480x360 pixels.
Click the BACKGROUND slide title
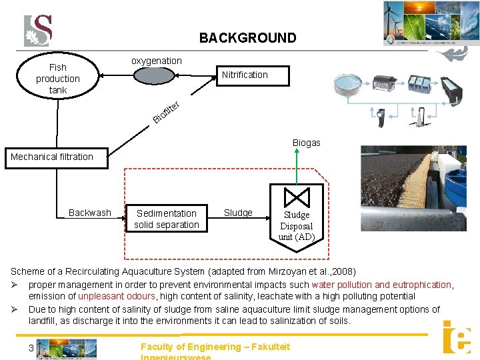click(x=247, y=39)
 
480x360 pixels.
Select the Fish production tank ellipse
click(x=58, y=78)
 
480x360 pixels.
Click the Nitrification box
click(x=245, y=75)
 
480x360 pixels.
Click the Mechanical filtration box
click(x=52, y=157)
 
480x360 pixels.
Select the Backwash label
click(x=90, y=213)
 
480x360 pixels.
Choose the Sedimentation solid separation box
click(x=166, y=219)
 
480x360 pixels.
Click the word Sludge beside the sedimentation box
click(x=238, y=213)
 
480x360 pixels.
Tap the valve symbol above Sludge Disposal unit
click(x=296, y=197)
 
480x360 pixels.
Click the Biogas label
click(x=306, y=143)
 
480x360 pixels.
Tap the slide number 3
click(x=31, y=348)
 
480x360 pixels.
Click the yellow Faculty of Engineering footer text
click(x=215, y=347)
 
